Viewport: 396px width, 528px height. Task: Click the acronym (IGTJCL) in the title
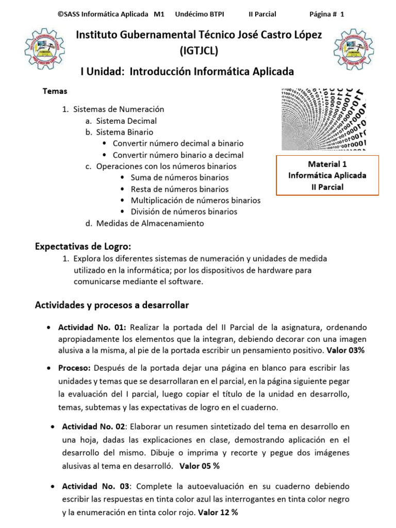(x=199, y=51)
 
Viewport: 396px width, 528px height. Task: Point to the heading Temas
(x=55, y=91)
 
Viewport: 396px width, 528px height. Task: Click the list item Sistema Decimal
(x=126, y=121)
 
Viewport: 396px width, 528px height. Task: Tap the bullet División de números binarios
(x=184, y=211)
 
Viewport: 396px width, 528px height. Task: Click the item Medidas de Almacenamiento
(x=150, y=223)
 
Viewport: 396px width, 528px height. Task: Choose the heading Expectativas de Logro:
(x=83, y=245)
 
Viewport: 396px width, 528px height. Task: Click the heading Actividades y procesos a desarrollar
(x=112, y=305)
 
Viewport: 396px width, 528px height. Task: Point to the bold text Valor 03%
(x=345, y=350)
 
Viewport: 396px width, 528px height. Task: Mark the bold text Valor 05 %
(x=200, y=466)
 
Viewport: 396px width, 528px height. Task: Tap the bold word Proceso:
(x=75, y=368)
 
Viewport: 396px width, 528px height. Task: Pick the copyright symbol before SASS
(x=61, y=14)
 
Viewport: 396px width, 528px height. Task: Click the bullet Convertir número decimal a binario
(x=178, y=143)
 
